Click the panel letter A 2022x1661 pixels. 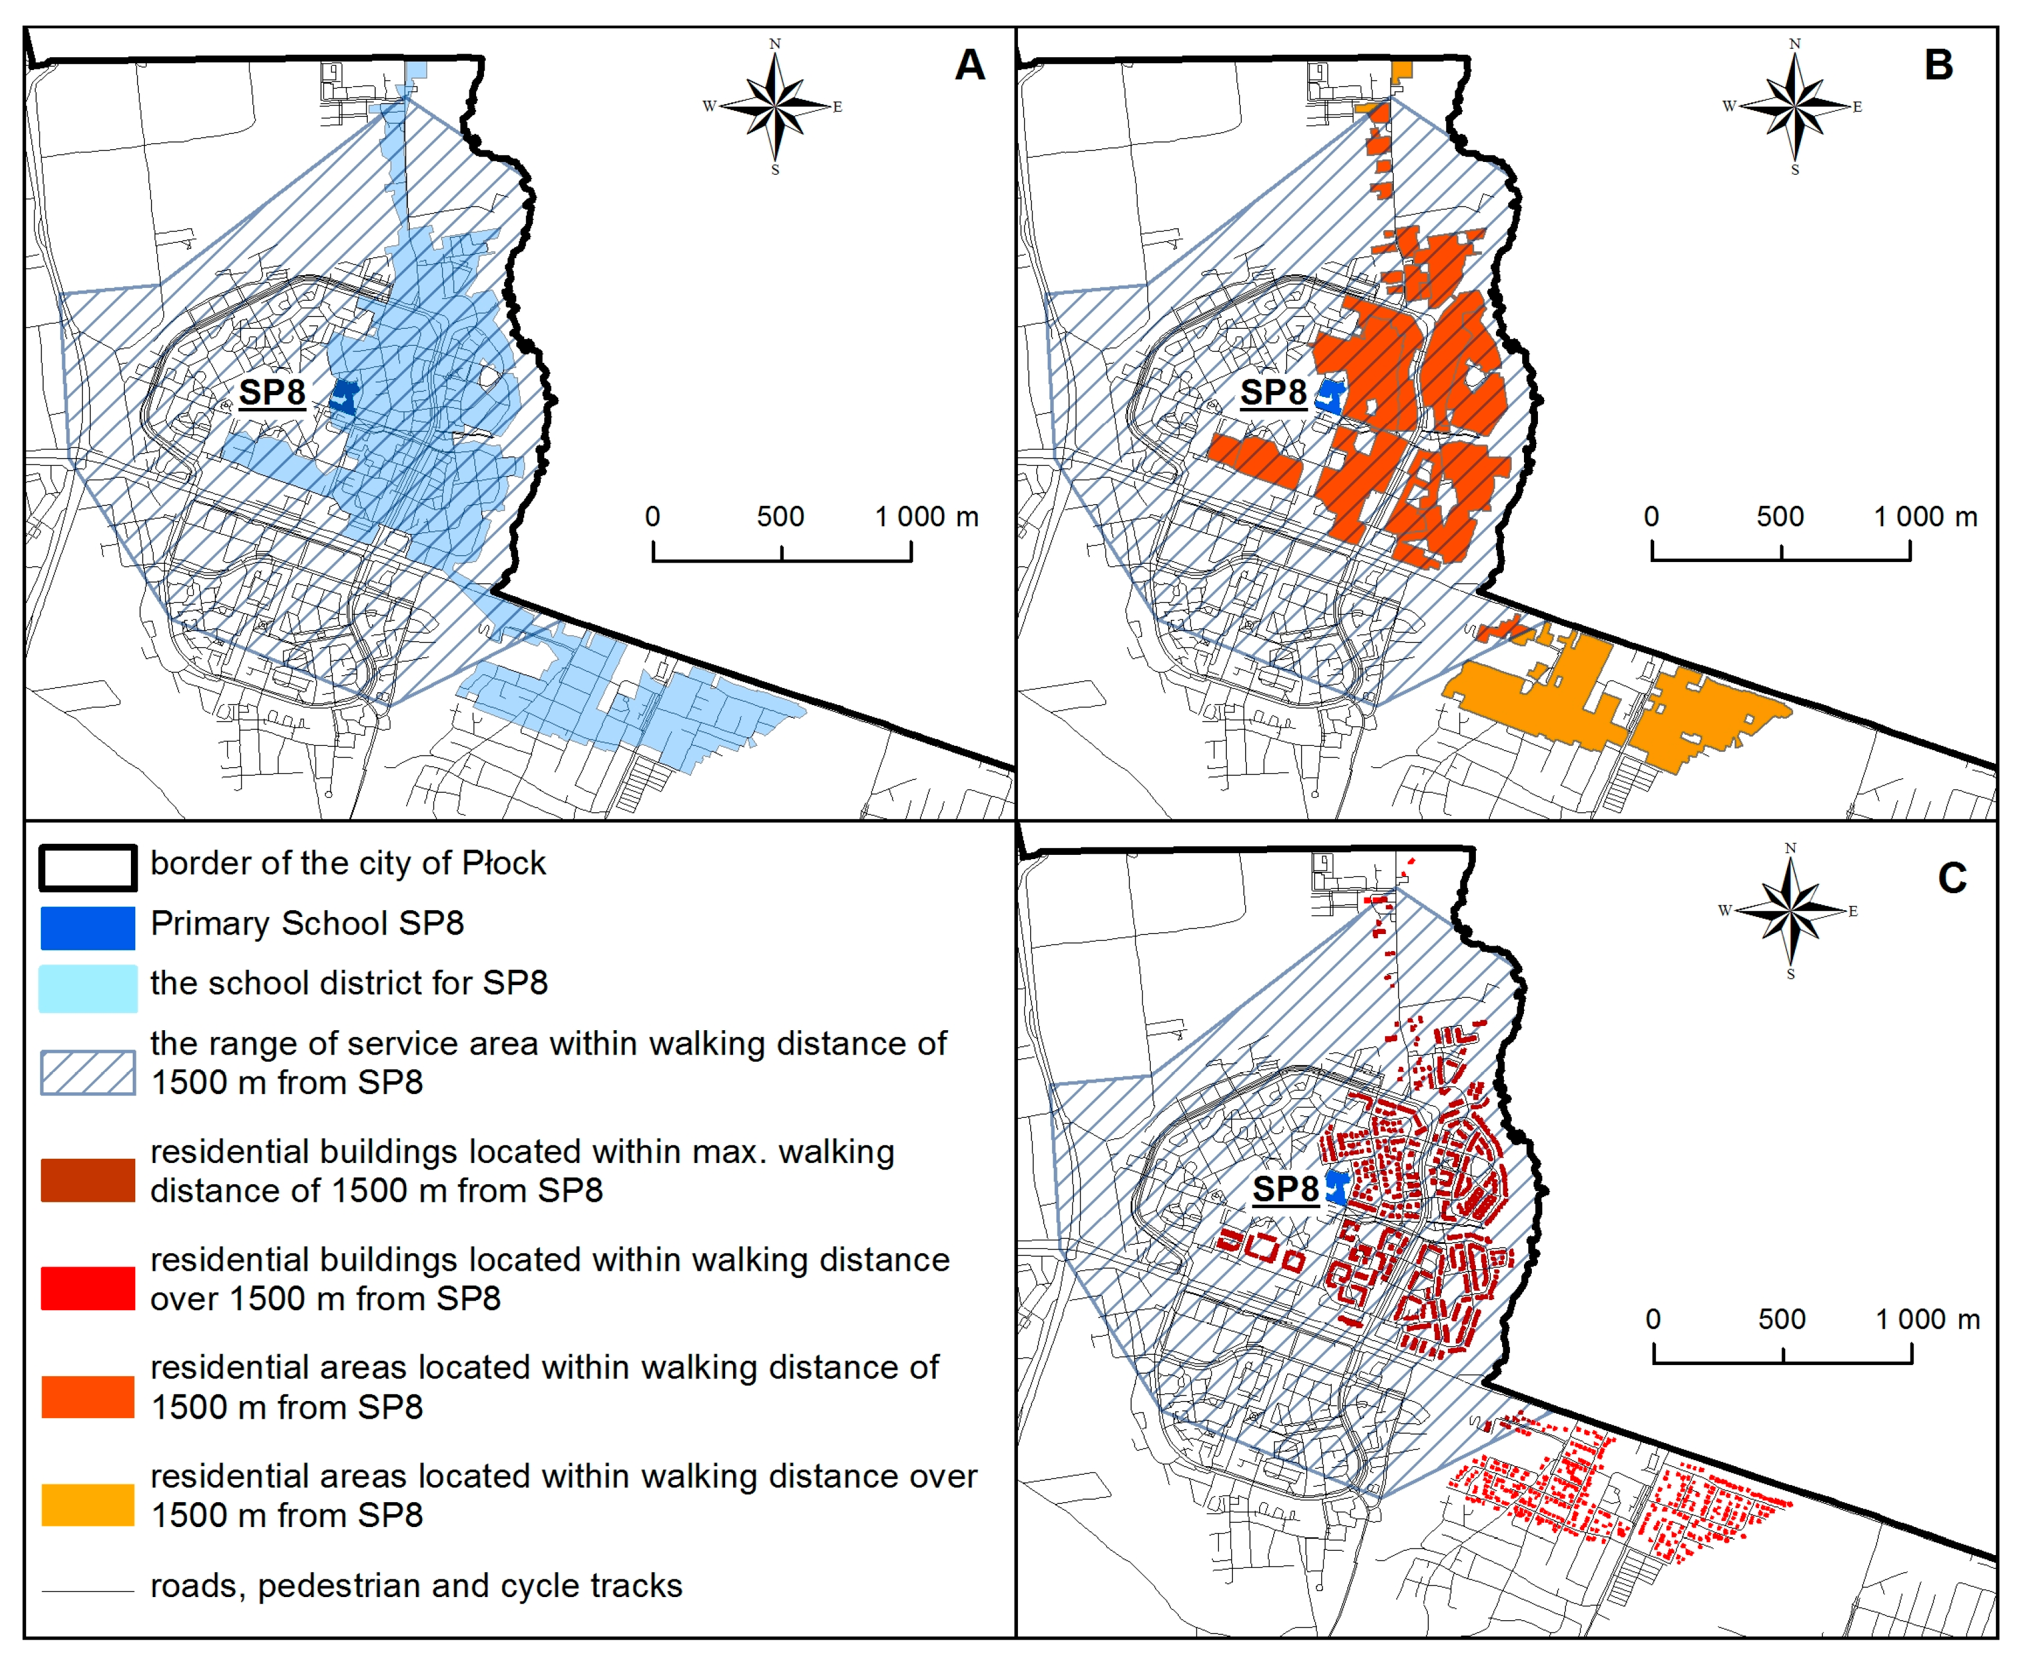click(x=969, y=65)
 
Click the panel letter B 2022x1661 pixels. click(x=1938, y=65)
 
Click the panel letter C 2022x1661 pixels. click(x=1951, y=877)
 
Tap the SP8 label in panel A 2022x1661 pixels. click(x=272, y=392)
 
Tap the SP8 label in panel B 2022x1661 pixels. click(x=1273, y=392)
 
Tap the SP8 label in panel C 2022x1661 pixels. click(x=1285, y=1189)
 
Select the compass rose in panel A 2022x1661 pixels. click(x=775, y=106)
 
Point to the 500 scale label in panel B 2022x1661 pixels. click(x=1779, y=517)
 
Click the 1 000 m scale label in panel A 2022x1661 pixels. click(x=926, y=517)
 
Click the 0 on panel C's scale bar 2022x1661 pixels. click(x=1652, y=1319)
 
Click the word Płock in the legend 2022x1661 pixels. click(x=504, y=863)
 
